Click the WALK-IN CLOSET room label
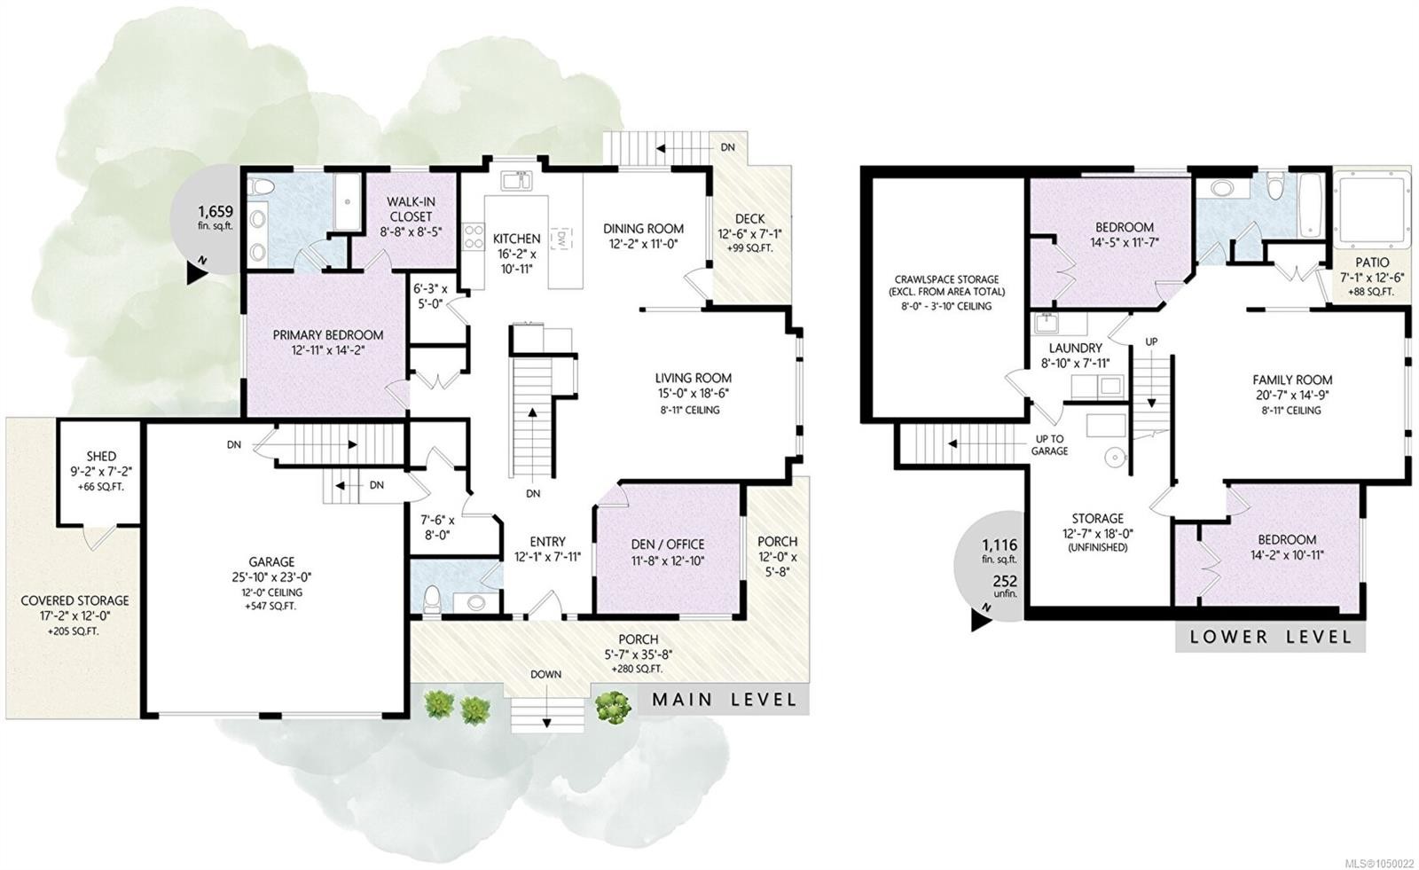coord(411,208)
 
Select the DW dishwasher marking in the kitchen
coord(561,239)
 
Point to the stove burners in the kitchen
coord(474,237)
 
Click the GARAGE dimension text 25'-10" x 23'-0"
coord(271,577)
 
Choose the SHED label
coord(101,456)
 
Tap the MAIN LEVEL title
coord(724,700)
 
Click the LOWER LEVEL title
coord(1270,637)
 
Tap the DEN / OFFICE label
coord(668,545)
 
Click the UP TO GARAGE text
coord(1050,445)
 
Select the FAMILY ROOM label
coord(1292,380)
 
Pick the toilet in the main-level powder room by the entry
coord(431,600)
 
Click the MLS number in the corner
coord(1382,864)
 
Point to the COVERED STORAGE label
coord(74,600)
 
